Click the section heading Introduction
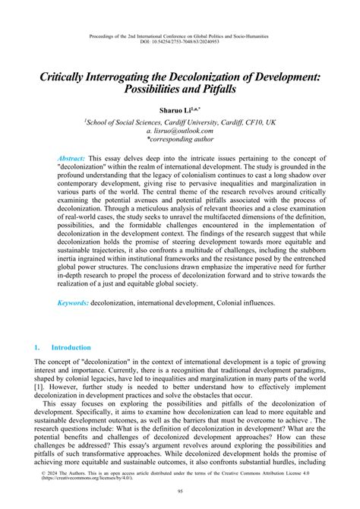pyautogui.click(x=71, y=368)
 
